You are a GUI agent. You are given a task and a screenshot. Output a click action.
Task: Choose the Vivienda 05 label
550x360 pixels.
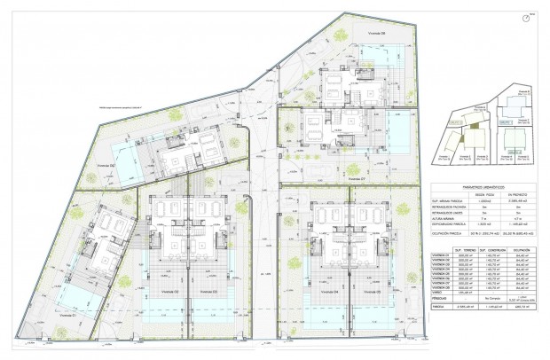point(372,292)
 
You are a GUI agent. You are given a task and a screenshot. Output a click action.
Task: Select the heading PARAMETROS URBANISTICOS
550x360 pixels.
point(482,189)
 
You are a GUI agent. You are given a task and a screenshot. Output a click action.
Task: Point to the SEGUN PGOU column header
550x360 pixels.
point(483,196)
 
